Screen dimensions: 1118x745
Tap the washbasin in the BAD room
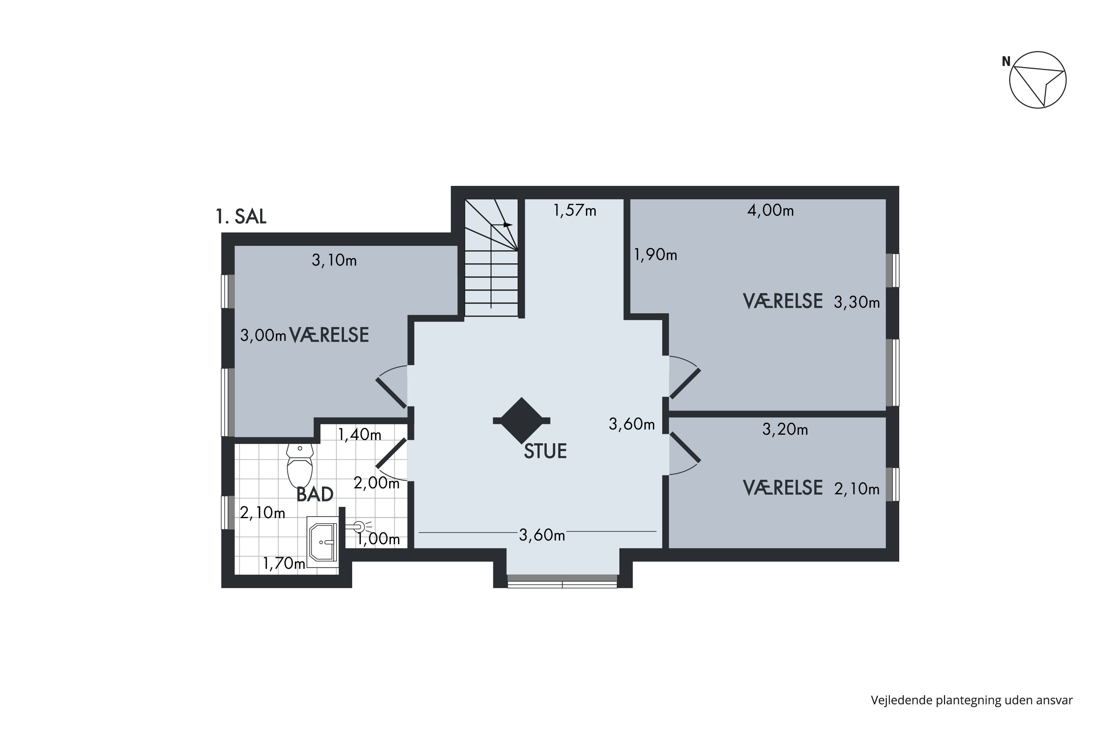click(323, 542)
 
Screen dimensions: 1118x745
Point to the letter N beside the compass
click(1006, 62)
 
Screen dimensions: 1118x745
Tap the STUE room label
click(545, 451)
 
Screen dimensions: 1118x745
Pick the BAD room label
click(315, 495)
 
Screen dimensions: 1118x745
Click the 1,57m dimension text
click(575, 210)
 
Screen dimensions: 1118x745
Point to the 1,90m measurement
click(656, 255)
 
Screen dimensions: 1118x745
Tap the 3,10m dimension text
click(334, 260)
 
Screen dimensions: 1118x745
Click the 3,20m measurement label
click(785, 429)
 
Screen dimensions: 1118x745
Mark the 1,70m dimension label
click(284, 564)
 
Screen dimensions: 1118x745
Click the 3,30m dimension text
click(857, 302)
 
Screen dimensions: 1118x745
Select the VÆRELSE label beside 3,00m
click(329, 335)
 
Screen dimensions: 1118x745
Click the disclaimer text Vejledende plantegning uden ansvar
click(972, 700)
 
